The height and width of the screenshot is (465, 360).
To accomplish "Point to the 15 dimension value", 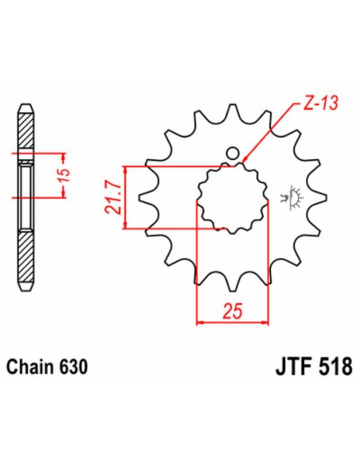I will [x=68, y=173].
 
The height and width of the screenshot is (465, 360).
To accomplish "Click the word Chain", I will [x=30, y=368].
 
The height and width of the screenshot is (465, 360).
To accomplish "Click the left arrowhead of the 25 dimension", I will [x=199, y=322].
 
